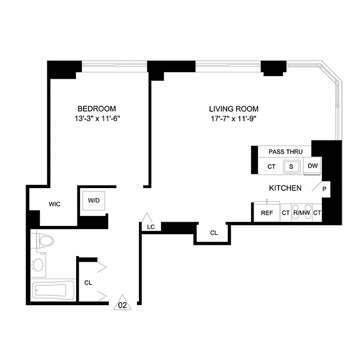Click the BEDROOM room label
[x=97, y=108]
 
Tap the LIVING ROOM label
[x=234, y=108]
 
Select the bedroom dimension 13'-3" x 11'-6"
[x=97, y=119]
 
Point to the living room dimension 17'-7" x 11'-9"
[x=234, y=119]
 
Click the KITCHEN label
[x=285, y=188]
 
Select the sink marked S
[x=291, y=166]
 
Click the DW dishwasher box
[x=313, y=166]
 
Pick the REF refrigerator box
[x=267, y=213]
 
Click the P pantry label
[x=324, y=189]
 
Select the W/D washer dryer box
[x=94, y=200]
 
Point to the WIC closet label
[x=54, y=204]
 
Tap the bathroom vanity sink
[x=39, y=264]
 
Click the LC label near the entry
[x=151, y=227]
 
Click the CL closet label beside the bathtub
[x=88, y=283]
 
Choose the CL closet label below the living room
[x=214, y=233]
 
